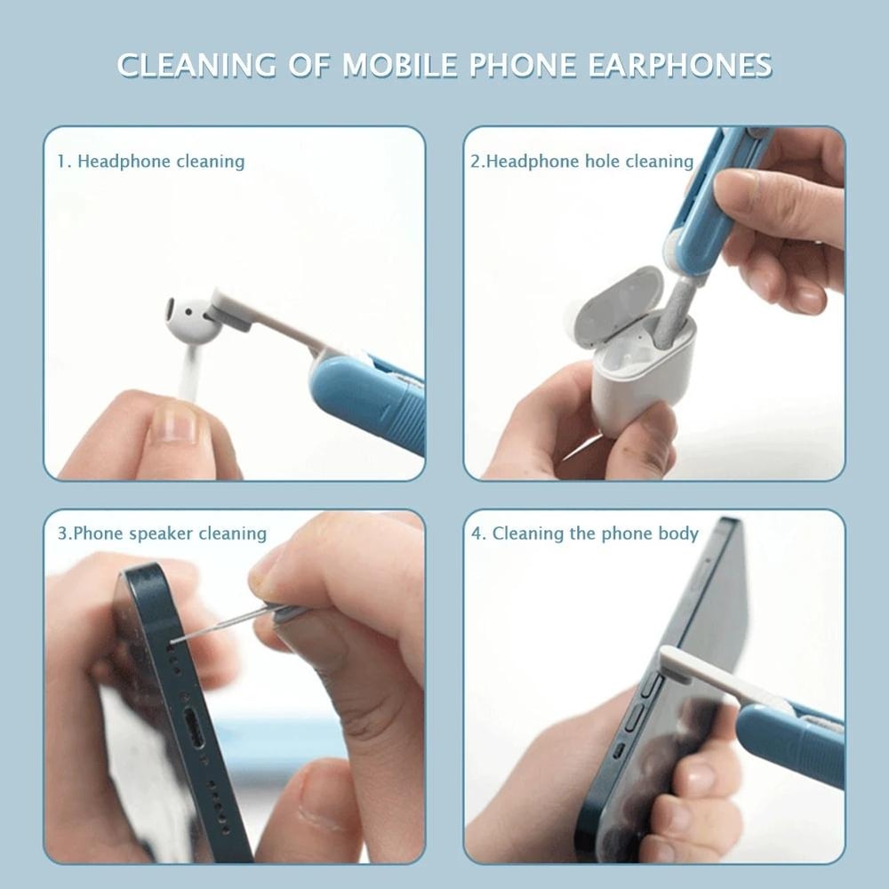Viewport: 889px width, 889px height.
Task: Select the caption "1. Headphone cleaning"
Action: [x=151, y=162]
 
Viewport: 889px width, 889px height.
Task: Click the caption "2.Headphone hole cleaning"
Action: [x=581, y=162]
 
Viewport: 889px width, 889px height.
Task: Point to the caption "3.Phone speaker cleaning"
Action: [x=162, y=533]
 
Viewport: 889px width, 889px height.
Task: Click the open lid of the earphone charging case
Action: [x=617, y=305]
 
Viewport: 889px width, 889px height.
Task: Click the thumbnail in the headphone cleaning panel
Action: [x=173, y=425]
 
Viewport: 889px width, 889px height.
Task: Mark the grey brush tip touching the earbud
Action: [x=229, y=310]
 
